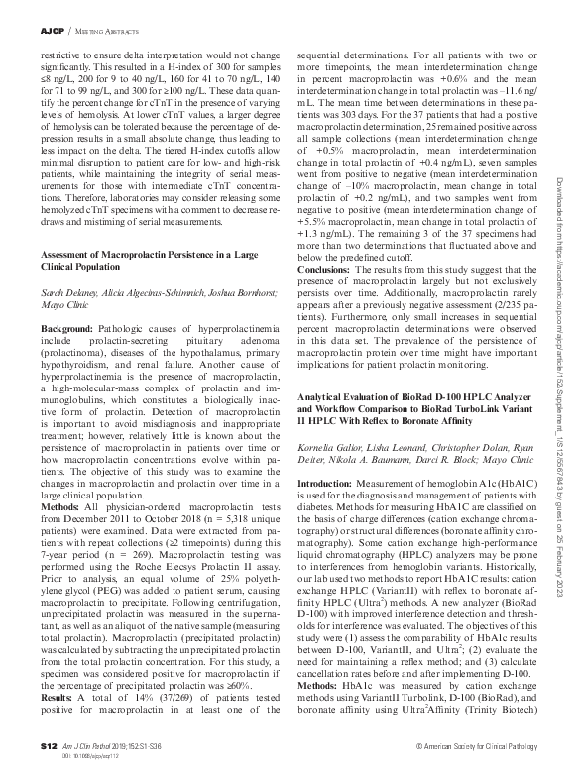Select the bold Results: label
[x=57, y=701]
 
